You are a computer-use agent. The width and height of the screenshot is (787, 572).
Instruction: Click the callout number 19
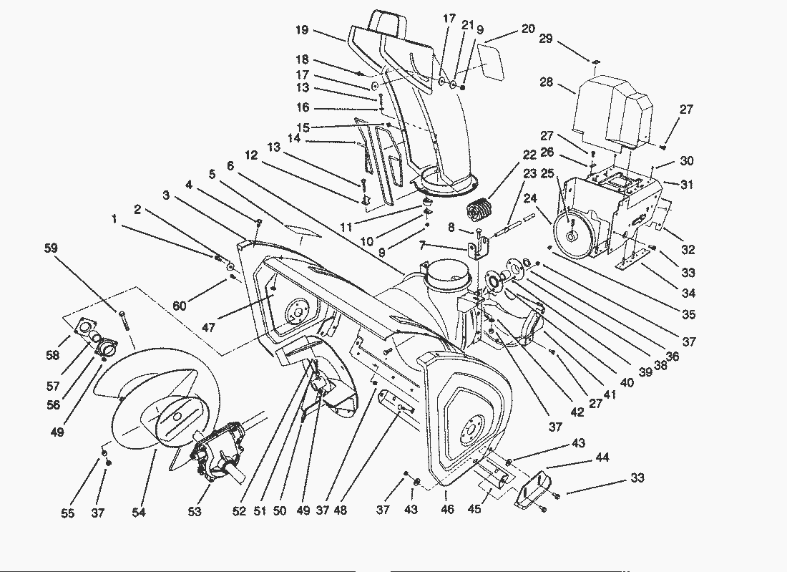tap(301, 30)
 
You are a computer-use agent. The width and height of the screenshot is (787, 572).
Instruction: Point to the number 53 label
tap(195, 511)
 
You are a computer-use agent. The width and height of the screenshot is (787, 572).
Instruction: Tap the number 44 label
tap(603, 457)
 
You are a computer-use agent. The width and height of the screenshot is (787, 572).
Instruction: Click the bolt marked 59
tap(124, 319)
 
